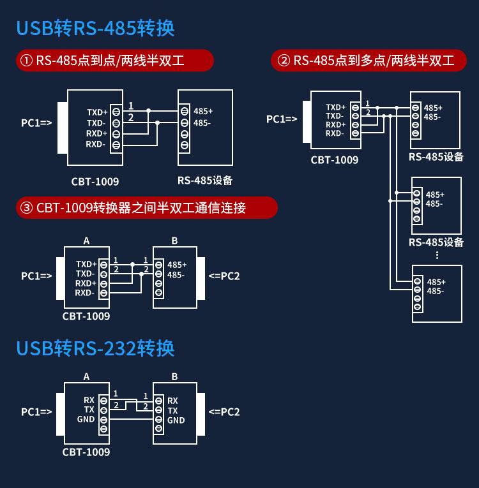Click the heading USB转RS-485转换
(95, 29)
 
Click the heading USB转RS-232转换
(95, 348)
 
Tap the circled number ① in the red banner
(26, 61)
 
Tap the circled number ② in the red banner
(284, 61)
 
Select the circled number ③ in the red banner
(26, 208)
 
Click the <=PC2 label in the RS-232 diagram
(224, 411)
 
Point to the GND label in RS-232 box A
(86, 420)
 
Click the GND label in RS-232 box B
(176, 420)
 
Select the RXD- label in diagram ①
(95, 144)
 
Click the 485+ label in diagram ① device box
(203, 111)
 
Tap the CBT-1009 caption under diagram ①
(95, 182)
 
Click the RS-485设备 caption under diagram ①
(205, 181)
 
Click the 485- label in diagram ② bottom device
(436, 291)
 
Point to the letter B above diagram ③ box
(174, 240)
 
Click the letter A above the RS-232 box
(87, 377)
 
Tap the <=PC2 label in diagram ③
(224, 276)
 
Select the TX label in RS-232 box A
(89, 410)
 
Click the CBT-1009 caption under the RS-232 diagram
(86, 452)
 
